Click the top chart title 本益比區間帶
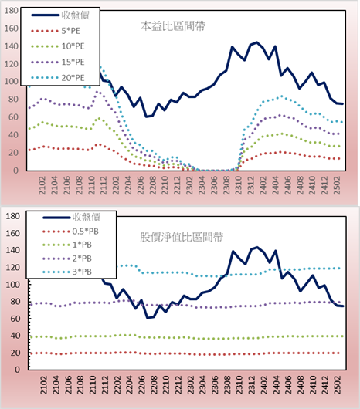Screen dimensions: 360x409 coord(173,26)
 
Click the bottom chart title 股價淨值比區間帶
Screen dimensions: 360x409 coord(182,237)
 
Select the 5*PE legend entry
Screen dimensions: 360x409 coord(56,31)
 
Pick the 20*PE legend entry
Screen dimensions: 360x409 coord(58,78)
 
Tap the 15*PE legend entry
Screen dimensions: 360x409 coord(58,62)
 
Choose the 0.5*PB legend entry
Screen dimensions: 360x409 coord(70,232)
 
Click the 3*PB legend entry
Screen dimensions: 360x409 coord(67,272)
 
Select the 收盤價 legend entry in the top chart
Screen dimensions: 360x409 coord(60,15)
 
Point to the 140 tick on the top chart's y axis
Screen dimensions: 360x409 coord(12,46)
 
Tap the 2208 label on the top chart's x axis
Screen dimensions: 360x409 coord(152,185)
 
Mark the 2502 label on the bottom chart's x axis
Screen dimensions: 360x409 coord(338,385)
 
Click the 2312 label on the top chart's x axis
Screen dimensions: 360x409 coord(250,185)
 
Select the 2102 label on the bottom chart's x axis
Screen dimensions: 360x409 coord(43,385)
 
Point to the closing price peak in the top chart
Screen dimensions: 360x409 coord(256,42)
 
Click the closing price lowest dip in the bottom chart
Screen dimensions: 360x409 coord(148,318)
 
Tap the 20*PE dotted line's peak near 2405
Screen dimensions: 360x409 coord(282,96)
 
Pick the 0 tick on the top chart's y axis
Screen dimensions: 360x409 coord(16,171)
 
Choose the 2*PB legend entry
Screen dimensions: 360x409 coord(67,259)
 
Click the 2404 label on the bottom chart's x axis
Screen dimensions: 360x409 coord(277,385)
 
